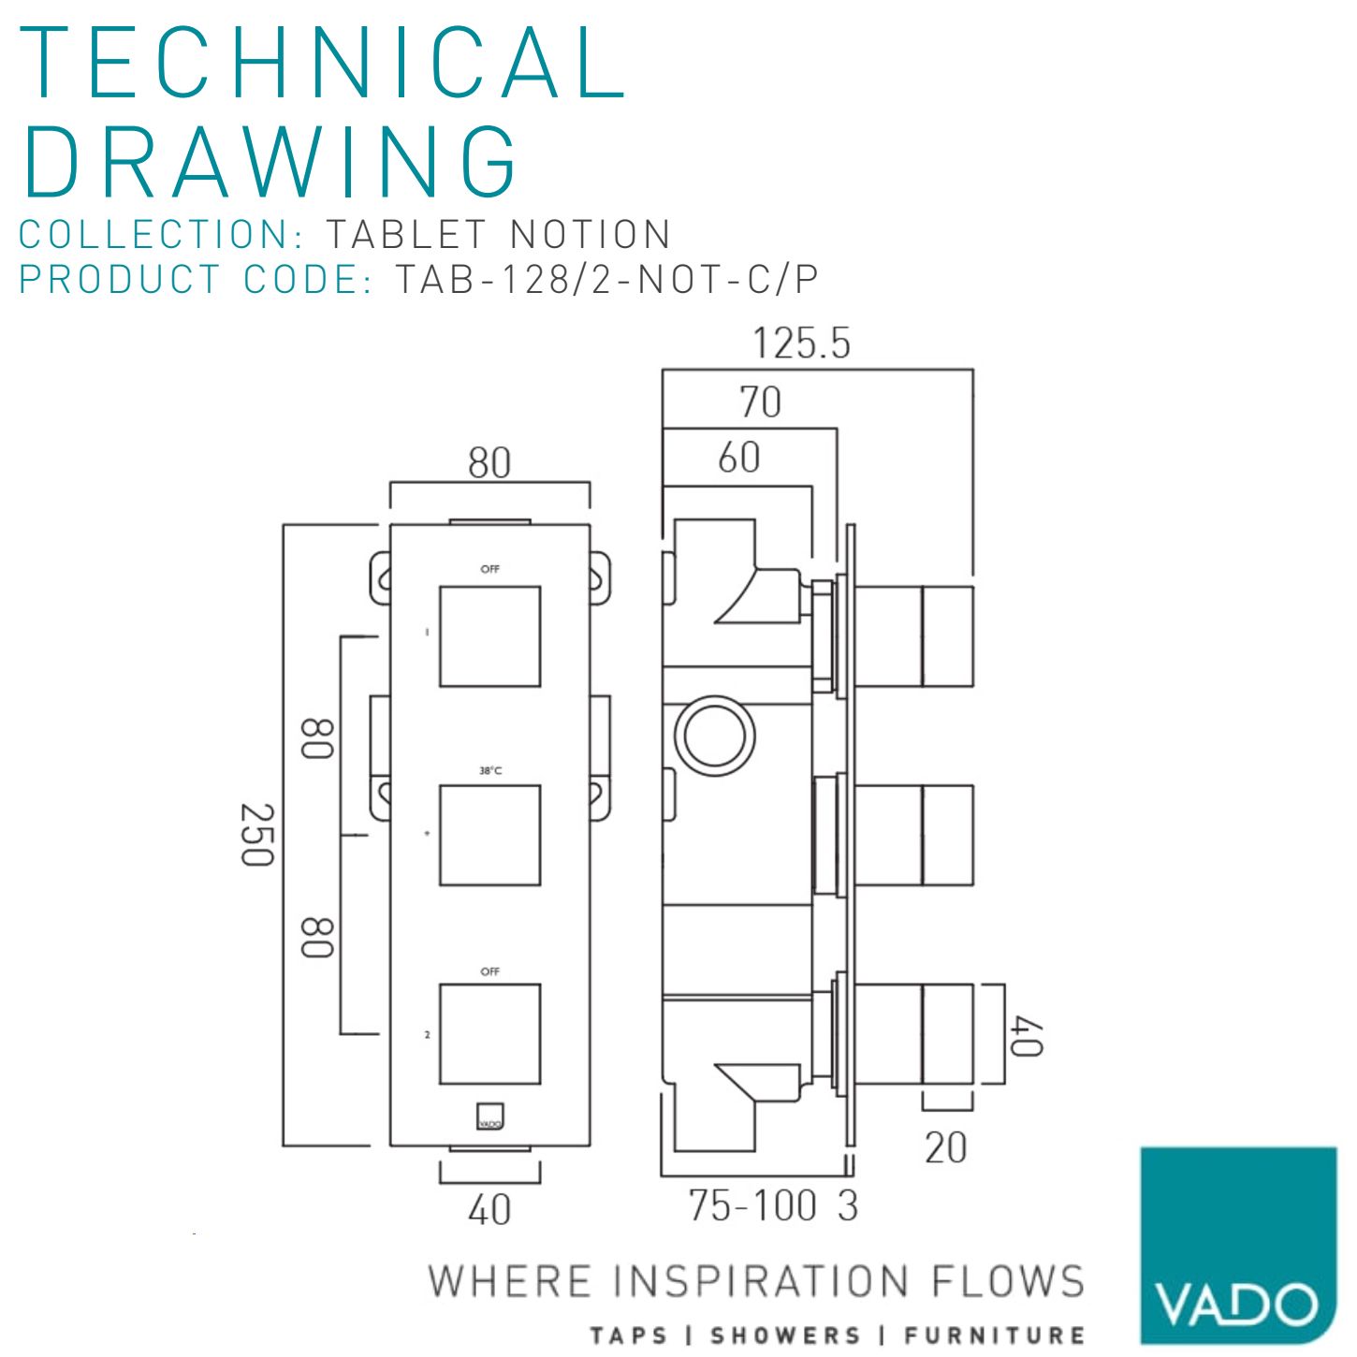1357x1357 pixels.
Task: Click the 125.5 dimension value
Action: pyautogui.click(x=801, y=343)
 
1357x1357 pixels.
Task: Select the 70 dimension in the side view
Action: pyautogui.click(x=759, y=402)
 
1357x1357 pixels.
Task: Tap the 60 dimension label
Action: pyautogui.click(x=738, y=458)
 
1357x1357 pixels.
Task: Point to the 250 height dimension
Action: pyautogui.click(x=256, y=834)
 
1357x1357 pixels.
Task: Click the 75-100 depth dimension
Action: pyautogui.click(x=752, y=1205)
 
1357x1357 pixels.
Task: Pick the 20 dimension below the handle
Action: pyautogui.click(x=945, y=1147)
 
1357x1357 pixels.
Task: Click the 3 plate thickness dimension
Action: pyautogui.click(x=848, y=1205)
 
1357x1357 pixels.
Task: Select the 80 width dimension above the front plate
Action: pyautogui.click(x=489, y=462)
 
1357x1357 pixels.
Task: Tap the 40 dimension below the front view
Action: pyautogui.click(x=489, y=1210)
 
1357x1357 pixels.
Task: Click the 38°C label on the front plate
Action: pyautogui.click(x=490, y=771)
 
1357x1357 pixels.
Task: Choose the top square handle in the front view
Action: pyautogui.click(x=489, y=636)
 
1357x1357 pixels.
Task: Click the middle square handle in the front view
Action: pyautogui.click(x=489, y=835)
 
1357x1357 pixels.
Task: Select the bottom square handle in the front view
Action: pyautogui.click(x=489, y=1034)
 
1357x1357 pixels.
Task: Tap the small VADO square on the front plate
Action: pyautogui.click(x=489, y=1113)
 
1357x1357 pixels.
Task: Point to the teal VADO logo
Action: pyautogui.click(x=1237, y=1245)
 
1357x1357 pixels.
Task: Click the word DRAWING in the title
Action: pyautogui.click(x=270, y=161)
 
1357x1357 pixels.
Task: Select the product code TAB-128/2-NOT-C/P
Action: pyautogui.click(x=606, y=279)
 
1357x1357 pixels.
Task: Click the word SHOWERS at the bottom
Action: pyautogui.click(x=785, y=1335)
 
